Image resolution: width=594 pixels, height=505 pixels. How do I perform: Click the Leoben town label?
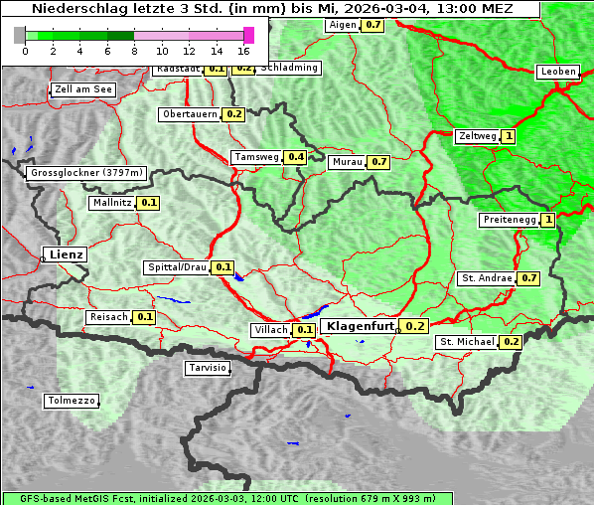pos(557,72)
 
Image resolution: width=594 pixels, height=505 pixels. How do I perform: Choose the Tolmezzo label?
pos(72,402)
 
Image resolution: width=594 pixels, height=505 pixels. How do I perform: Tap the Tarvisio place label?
pos(208,368)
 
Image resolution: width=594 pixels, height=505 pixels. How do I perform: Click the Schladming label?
pos(289,68)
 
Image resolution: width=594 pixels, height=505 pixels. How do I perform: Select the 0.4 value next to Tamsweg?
pos(295,157)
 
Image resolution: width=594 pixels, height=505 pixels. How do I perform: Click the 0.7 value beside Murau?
pos(378,161)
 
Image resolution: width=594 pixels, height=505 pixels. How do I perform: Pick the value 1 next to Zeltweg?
pos(509,136)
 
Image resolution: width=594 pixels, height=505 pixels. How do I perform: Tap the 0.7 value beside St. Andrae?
pos(528,278)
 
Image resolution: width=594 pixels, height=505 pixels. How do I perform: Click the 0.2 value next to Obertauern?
pos(233,114)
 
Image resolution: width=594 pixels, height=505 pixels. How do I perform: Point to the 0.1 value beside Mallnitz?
pos(149,203)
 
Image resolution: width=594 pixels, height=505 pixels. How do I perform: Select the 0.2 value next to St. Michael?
pos(511,342)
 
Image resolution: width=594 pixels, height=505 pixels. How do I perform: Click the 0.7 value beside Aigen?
pos(372,25)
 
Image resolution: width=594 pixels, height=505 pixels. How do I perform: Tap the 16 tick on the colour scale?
pos(244,51)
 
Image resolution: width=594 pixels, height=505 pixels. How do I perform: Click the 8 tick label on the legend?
pos(134,51)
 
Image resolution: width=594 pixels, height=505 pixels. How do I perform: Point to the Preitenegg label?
pos(508,220)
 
